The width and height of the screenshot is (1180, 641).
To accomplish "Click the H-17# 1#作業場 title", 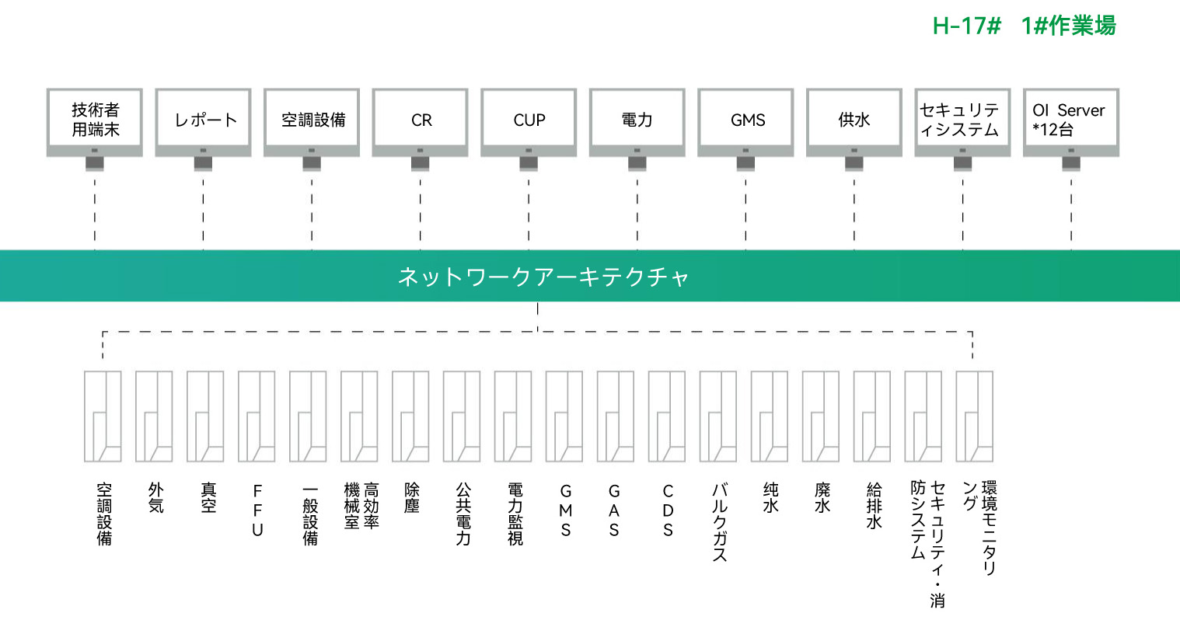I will point(1024,26).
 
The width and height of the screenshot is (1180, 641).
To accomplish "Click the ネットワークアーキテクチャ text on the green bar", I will point(543,277).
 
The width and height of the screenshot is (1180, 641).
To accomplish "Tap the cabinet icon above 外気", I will point(154,416).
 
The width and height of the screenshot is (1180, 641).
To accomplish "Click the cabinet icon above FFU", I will point(257,416).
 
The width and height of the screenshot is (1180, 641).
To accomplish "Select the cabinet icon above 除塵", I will point(410,416).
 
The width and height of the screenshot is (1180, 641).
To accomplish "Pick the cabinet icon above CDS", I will point(667,416).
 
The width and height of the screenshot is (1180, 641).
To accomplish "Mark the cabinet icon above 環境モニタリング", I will point(975,416).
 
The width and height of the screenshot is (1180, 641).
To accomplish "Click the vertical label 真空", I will point(208,498).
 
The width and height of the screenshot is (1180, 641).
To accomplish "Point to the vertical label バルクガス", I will point(720,521).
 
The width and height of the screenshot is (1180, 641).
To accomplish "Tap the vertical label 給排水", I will point(874,506).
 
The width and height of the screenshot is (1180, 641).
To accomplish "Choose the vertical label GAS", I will point(614,510).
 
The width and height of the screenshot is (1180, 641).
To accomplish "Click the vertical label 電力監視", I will point(515,514).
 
